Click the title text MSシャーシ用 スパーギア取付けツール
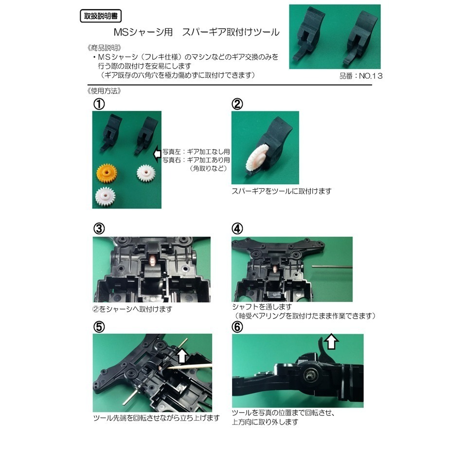196,33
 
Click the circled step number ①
100,104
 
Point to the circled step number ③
100,229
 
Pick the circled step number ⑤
100,326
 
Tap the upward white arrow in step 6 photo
332,342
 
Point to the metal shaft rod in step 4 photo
331,266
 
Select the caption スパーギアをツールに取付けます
281,192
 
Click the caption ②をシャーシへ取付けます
132,309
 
